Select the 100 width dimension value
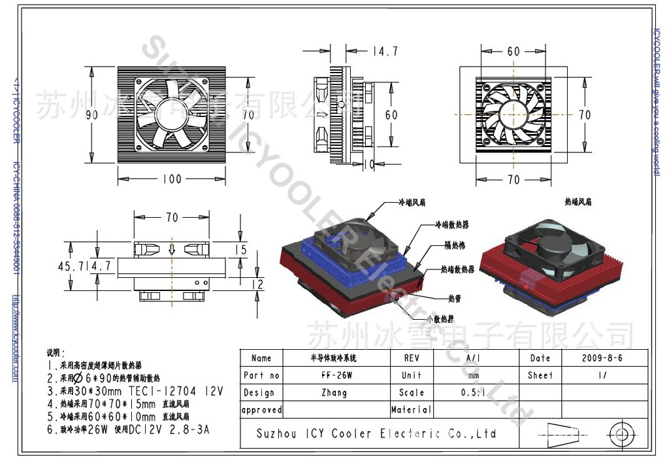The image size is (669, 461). (x=171, y=178)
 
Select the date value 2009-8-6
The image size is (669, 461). (x=602, y=358)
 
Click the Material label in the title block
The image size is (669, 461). (x=411, y=410)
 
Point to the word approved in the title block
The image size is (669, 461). (x=261, y=411)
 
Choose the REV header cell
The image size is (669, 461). (x=412, y=358)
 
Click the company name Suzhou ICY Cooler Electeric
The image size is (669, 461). (x=376, y=434)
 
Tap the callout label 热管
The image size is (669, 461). (x=454, y=298)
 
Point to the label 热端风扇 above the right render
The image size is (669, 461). (x=578, y=203)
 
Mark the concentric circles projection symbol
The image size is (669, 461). (x=619, y=433)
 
